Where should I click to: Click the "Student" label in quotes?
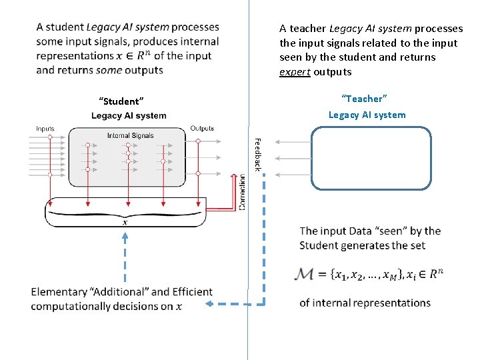(x=121, y=101)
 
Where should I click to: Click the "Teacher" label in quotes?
(x=364, y=99)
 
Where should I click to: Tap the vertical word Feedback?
(x=257, y=154)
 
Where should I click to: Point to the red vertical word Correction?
(x=242, y=193)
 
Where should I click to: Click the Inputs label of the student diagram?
(x=45, y=129)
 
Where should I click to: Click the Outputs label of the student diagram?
(x=202, y=129)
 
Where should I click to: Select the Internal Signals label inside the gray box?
(x=130, y=135)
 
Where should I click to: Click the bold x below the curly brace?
(x=125, y=223)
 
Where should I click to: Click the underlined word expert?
(x=295, y=72)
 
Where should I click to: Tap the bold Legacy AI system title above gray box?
(x=129, y=116)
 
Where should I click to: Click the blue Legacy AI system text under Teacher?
(x=367, y=115)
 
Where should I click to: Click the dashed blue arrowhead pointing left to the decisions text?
(x=209, y=304)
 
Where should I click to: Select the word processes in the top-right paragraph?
(x=439, y=29)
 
